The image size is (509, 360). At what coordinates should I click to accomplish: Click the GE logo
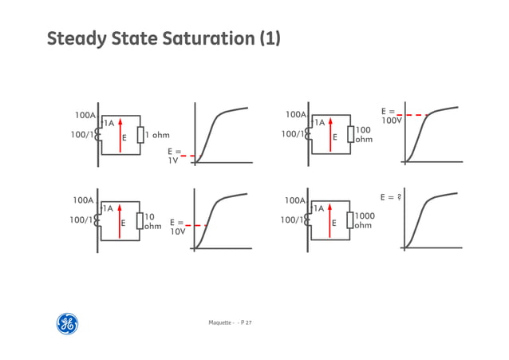coord(67,323)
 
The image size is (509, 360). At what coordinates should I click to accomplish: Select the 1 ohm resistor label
coord(157,135)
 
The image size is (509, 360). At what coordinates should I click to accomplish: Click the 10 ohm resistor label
coord(152,221)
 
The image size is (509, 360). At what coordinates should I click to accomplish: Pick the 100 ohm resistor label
coord(364,134)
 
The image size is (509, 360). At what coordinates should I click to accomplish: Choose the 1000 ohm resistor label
coord(364,220)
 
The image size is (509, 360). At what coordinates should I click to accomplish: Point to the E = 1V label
coord(173,155)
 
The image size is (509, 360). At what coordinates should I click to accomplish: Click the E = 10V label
coord(177,227)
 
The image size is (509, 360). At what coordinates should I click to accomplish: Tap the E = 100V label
coord(390,116)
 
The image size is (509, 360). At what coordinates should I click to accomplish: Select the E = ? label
coord(390,196)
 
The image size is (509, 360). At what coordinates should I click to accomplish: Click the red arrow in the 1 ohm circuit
coord(120,135)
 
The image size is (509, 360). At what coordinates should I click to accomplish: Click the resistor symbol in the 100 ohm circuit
coord(350,134)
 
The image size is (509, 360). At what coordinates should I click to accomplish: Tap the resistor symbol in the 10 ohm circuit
coord(139,221)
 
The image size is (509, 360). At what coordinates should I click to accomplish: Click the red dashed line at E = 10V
coord(199,226)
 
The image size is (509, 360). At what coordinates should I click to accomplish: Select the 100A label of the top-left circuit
coord(85,115)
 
